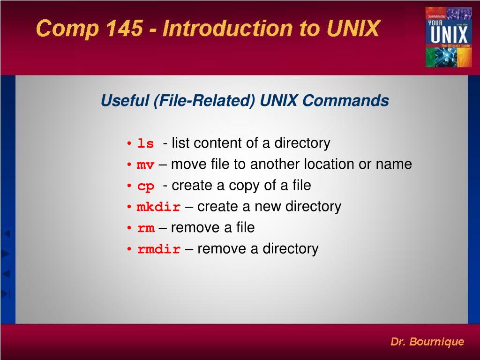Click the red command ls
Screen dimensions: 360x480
145,143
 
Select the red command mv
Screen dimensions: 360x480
145,165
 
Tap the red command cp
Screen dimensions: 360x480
145,187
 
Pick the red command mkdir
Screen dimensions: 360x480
158,207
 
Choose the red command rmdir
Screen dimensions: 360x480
158,249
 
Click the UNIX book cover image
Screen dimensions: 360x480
448,37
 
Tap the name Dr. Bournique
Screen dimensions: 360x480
427,342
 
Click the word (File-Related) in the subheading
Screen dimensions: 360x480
204,101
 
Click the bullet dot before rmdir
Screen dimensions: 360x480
128,249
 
